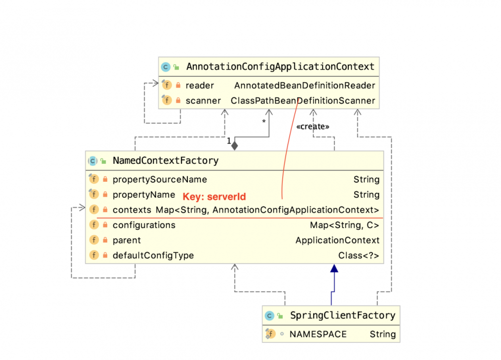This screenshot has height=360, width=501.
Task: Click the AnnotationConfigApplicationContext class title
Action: [280, 67]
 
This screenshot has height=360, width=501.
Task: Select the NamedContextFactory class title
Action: [165, 161]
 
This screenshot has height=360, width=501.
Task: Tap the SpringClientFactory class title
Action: [343, 315]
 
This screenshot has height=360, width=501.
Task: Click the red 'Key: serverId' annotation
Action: [214, 197]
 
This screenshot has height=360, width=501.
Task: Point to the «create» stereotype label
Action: [313, 127]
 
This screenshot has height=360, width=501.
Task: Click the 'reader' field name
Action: [199, 86]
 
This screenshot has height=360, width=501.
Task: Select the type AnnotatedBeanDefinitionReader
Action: [305, 86]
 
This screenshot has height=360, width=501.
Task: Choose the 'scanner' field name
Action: [203, 101]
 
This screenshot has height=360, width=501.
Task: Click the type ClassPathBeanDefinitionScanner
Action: [303, 101]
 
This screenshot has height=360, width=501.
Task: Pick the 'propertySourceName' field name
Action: [159, 179]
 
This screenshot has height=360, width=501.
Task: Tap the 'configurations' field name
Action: [144, 225]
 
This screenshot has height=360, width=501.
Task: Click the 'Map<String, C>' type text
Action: [345, 225]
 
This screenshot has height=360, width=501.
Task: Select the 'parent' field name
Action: [127, 240]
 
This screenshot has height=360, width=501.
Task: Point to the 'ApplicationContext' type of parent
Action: [338, 240]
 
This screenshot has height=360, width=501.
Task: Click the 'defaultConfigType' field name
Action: [153, 255]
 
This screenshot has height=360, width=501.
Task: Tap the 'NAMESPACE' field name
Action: [318, 334]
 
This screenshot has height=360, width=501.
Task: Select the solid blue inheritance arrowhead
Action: [334, 269]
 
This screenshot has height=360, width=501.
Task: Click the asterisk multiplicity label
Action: [264, 122]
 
